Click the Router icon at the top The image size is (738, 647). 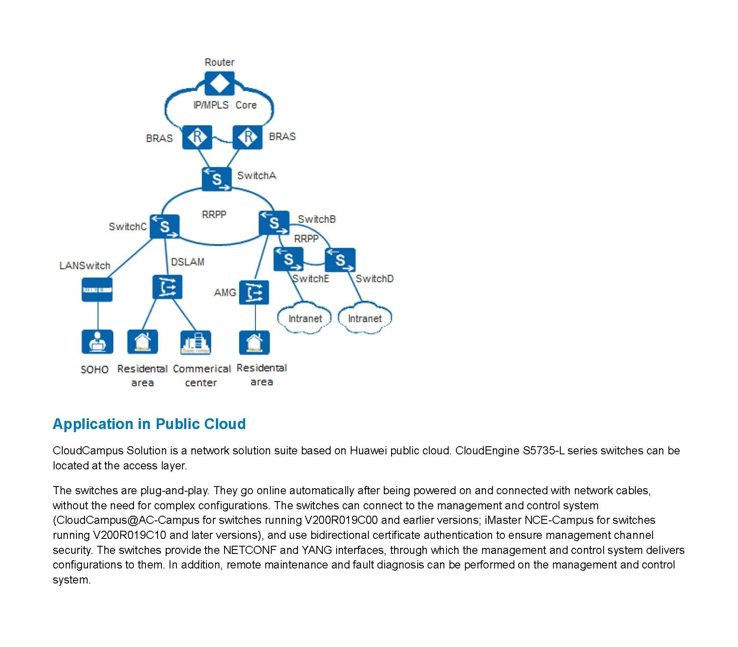click(x=219, y=83)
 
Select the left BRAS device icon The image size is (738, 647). click(x=197, y=137)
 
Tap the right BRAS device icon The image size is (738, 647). click(x=248, y=137)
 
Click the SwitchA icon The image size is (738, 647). click(x=217, y=178)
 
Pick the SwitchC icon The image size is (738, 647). click(x=164, y=226)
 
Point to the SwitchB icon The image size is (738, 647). click(x=274, y=223)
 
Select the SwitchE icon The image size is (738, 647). click(x=288, y=259)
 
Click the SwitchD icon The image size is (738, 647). click(x=340, y=260)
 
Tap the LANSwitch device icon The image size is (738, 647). click(x=97, y=290)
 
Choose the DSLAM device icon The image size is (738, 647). click(x=167, y=287)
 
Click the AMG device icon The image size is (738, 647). click(x=254, y=293)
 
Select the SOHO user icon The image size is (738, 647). click(x=97, y=342)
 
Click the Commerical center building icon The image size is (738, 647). click(x=196, y=342)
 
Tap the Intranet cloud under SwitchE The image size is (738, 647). click(x=305, y=318)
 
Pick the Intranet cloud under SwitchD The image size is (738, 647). click(x=365, y=318)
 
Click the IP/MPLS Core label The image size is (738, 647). click(x=225, y=105)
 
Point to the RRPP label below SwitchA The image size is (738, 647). click(x=214, y=214)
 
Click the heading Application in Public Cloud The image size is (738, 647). click(x=149, y=424)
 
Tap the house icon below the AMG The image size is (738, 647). click(x=254, y=342)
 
